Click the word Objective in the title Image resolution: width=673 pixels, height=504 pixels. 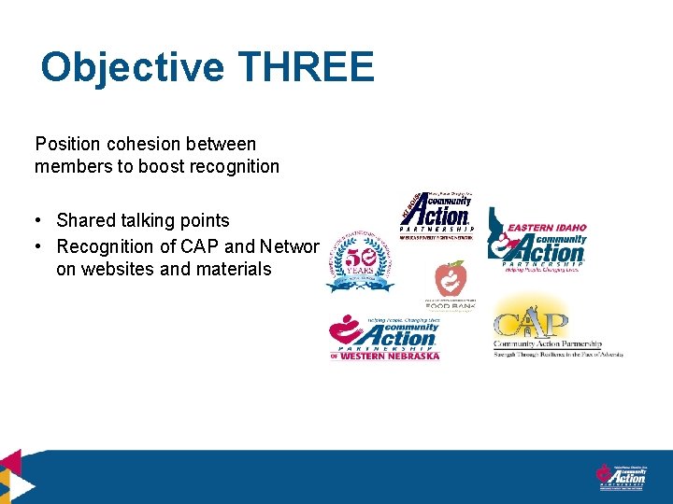(132, 68)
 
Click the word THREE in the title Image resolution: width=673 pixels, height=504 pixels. (307, 68)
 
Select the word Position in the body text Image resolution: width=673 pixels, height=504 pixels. (66, 145)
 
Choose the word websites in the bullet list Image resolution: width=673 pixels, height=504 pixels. (121, 270)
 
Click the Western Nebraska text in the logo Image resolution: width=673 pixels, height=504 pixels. (390, 356)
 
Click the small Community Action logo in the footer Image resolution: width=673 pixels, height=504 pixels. (622, 475)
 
